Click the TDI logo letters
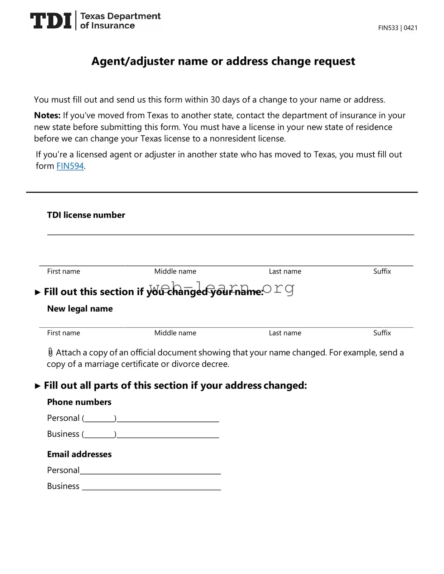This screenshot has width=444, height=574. pyautogui.click(x=51, y=21)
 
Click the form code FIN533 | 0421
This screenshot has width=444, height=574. pyautogui.click(x=397, y=28)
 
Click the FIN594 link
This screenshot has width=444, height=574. pyautogui.click(x=70, y=166)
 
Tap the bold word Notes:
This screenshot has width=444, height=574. pyautogui.click(x=47, y=115)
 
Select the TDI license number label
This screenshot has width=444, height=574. pyautogui.click(x=86, y=215)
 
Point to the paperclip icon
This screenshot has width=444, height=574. pyautogui.click(x=51, y=352)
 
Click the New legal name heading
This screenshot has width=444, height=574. pyautogui.click(x=80, y=309)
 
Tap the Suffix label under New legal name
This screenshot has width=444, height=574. pyautogui.click(x=382, y=333)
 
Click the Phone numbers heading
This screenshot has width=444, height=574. pyautogui.click(x=79, y=402)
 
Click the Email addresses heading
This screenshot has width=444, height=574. pyautogui.click(x=79, y=454)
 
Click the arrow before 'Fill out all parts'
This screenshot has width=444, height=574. pyautogui.click(x=38, y=386)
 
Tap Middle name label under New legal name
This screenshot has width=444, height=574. pyautogui.click(x=175, y=333)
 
